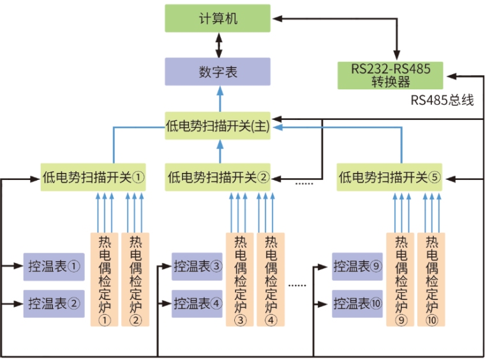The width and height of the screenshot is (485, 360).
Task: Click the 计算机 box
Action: [218, 18]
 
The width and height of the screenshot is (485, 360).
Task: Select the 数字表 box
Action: [218, 71]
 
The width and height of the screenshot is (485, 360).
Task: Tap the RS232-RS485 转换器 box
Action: [390, 75]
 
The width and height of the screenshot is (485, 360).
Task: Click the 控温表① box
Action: [54, 266]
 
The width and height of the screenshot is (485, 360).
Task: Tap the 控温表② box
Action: [54, 303]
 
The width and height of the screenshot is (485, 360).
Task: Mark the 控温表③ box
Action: [198, 266]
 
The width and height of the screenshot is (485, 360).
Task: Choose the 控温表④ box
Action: [198, 303]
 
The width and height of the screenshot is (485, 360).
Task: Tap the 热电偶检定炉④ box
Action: [271, 280]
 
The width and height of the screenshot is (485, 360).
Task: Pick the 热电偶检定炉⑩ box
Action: [432, 280]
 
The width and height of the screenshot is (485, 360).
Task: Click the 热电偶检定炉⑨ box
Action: [401, 280]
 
